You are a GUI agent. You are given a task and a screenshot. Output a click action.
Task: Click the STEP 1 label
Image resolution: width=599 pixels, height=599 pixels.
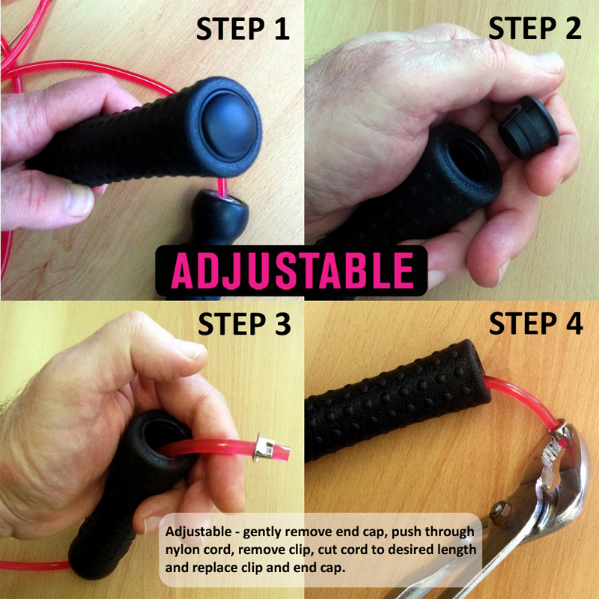[x=243, y=28]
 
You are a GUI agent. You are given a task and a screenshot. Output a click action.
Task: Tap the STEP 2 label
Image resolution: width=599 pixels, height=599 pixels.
[x=535, y=28]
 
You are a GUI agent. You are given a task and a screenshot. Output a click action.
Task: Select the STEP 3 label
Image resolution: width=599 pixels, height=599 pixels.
[x=245, y=324]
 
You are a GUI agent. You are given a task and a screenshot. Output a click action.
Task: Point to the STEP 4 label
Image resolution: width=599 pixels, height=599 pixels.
[x=536, y=323]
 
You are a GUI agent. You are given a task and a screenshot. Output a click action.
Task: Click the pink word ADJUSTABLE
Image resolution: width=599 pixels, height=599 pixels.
[x=292, y=270]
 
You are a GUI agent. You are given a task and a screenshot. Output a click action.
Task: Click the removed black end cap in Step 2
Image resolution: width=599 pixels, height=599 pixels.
[x=529, y=127]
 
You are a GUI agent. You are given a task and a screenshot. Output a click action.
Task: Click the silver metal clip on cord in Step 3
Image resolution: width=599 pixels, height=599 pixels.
[x=265, y=447]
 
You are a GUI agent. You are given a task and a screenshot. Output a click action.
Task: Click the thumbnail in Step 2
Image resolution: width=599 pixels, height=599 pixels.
[x=550, y=63]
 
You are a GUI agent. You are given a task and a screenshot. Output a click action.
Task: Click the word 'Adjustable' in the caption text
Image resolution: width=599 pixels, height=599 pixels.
[x=198, y=532]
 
